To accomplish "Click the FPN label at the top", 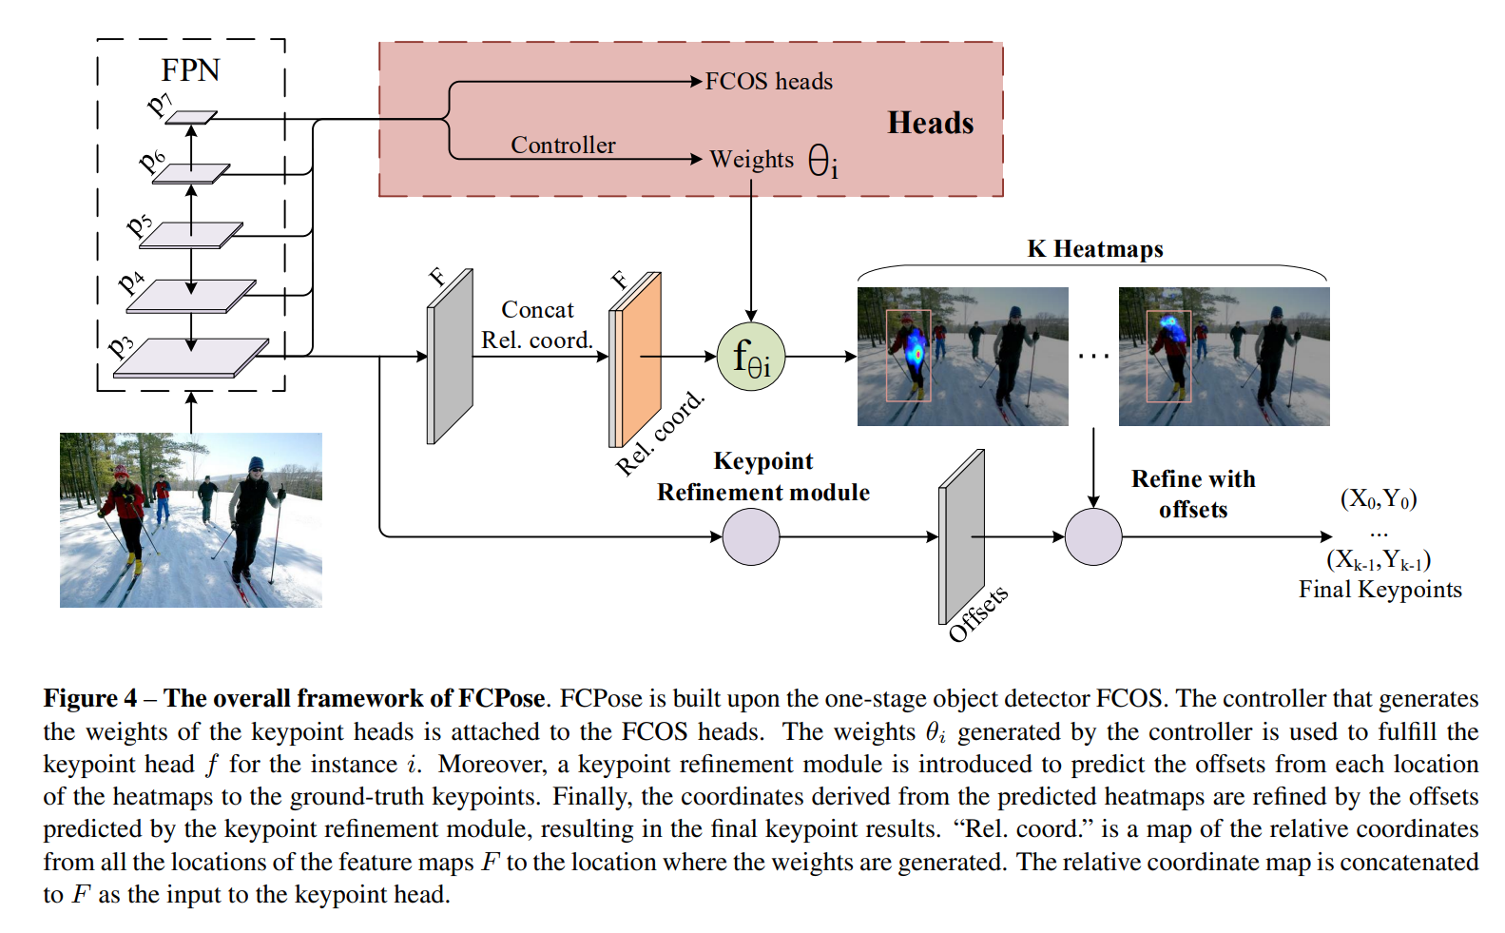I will coord(190,70).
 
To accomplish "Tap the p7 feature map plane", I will coord(192,118).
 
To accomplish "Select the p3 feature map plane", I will coord(190,358).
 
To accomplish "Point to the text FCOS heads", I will coord(768,82).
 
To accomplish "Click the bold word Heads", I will coord(930,123).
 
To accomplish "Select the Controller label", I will coord(563,145).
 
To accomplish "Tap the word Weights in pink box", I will coord(751,159).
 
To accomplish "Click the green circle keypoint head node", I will coord(751,357).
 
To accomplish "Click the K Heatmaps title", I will coord(1094,249).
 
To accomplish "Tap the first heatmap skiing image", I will coord(962,357).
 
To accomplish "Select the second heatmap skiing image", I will coord(1224,357).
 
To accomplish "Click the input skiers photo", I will coord(190,519).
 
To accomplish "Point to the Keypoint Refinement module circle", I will coord(751,536).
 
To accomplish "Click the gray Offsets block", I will coord(961,536).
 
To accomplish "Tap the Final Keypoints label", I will coord(1380,590).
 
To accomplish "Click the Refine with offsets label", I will coord(1193,494).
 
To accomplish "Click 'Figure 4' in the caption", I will coord(89,698).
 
